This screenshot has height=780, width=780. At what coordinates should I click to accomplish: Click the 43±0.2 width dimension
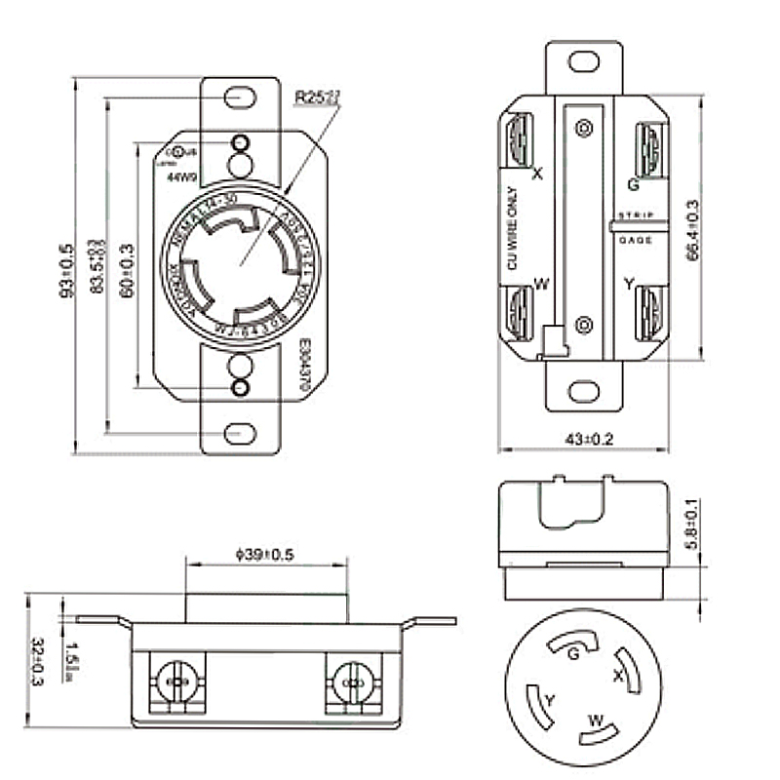pos(582,440)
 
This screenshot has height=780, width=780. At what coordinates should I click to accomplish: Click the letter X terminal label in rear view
pos(537,175)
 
